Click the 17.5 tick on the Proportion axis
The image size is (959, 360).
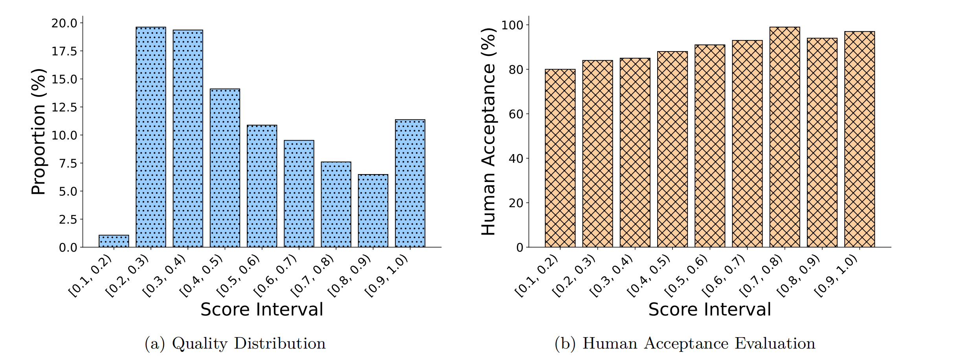(x=64, y=51)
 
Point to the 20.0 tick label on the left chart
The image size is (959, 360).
(x=64, y=23)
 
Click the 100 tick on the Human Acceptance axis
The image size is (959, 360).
(x=512, y=25)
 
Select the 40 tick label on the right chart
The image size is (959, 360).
(x=516, y=159)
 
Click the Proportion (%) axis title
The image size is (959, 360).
(x=39, y=132)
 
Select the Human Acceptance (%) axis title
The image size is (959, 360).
(x=489, y=132)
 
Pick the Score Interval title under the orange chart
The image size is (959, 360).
(x=709, y=309)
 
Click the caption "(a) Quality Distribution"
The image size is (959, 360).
(x=235, y=343)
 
